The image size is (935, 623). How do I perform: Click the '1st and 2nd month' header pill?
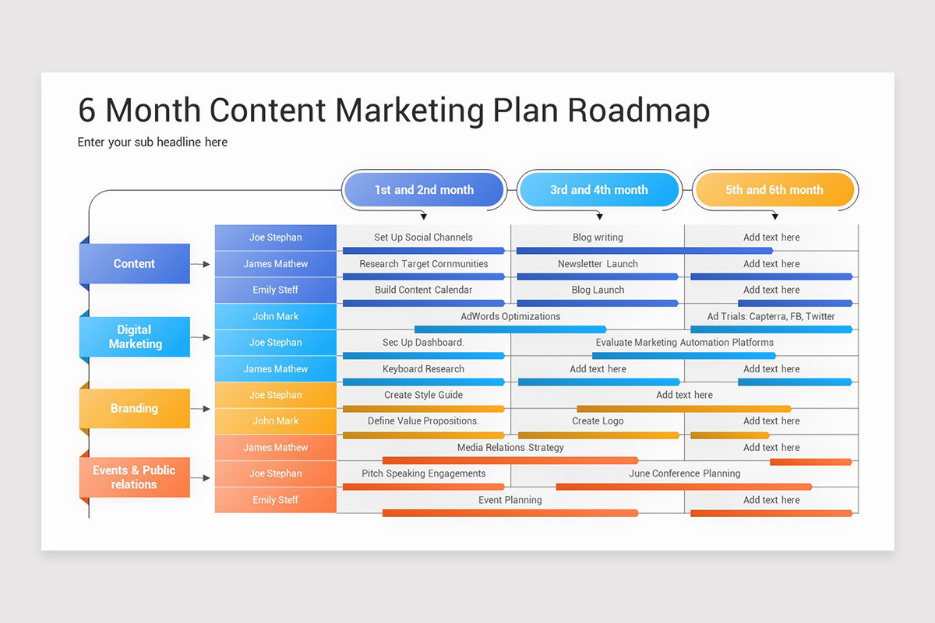point(424,190)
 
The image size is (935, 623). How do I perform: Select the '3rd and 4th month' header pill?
point(598,190)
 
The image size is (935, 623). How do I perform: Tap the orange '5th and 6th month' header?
point(774,190)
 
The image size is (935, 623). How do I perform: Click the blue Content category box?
point(135,264)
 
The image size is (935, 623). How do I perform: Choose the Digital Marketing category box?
point(135,336)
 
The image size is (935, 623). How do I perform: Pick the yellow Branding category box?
point(135,408)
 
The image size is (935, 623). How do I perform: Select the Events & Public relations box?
point(135,477)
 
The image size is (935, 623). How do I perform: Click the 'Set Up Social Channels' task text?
point(423,238)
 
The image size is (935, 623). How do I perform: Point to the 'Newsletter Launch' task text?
point(598,264)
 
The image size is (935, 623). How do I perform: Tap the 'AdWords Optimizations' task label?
point(510,316)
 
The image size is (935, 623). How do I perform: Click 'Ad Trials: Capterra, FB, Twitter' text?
point(771,316)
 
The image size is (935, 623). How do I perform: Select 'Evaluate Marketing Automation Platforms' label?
point(684,343)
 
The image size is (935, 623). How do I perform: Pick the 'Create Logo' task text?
point(598,421)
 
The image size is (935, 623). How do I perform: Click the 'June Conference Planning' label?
point(684,473)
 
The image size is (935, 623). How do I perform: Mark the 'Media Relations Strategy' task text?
point(510,448)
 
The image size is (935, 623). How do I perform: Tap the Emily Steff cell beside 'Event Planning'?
point(275,500)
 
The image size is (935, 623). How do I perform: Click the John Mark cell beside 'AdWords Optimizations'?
point(275,316)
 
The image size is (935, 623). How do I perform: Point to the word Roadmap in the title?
point(638,111)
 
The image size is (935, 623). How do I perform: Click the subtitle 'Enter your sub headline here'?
point(153,143)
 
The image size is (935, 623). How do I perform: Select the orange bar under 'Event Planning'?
point(510,513)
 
